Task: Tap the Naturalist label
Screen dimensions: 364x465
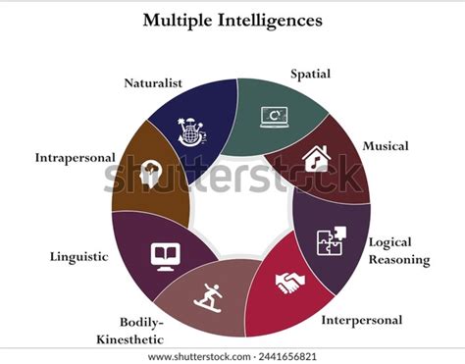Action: [155, 84]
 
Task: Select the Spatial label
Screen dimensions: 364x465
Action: [310, 73]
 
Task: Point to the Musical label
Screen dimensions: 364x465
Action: [386, 146]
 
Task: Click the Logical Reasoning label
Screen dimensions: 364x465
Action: [398, 250]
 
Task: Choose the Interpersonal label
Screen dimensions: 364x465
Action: [362, 319]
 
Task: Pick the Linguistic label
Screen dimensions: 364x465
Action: [77, 256]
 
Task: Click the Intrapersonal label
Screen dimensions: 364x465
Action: [75, 157]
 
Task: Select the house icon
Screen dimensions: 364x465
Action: [316, 158]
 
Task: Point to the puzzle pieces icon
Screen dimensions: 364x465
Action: [330, 240]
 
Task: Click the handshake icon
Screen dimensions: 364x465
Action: [290, 284]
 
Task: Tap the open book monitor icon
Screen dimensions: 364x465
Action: [163, 255]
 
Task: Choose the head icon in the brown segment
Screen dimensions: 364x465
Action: [152, 175]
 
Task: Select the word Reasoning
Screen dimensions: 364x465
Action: [398, 259]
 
